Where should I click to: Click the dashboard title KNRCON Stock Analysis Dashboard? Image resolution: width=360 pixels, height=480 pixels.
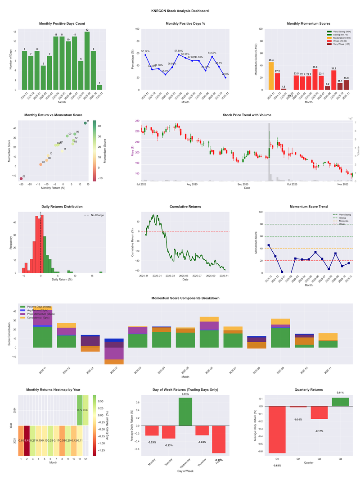(x=180, y=10)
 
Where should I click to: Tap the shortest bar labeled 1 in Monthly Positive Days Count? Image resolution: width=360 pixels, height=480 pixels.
(x=99, y=87)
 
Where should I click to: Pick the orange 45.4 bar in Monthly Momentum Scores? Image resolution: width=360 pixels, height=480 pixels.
(x=271, y=76)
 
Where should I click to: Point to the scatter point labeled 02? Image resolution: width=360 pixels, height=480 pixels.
(x=21, y=179)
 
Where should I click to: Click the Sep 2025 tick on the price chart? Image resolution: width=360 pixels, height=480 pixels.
(x=243, y=184)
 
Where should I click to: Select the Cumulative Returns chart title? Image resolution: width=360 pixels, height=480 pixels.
(x=185, y=206)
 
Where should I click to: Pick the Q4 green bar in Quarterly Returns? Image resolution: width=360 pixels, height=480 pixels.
(x=340, y=402)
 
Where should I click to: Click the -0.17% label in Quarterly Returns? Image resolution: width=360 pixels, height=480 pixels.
(x=319, y=431)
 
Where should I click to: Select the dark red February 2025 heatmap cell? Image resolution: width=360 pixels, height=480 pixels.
(x=27, y=440)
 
